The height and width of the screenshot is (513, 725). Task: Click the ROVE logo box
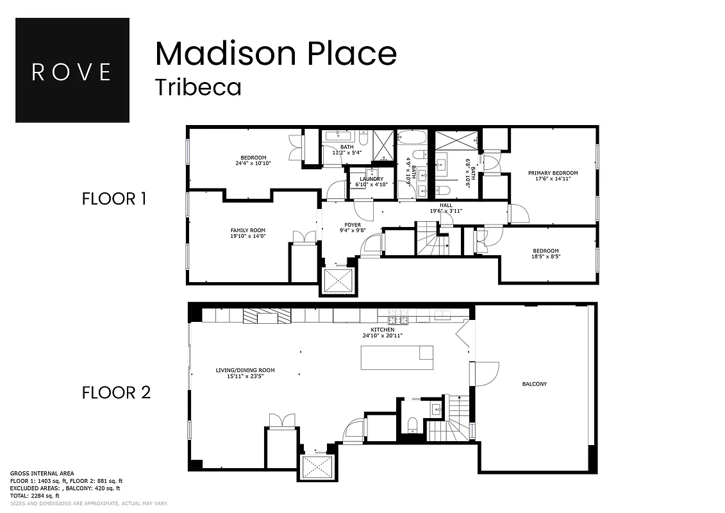coord(72,70)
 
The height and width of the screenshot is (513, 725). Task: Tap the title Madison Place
coord(276,53)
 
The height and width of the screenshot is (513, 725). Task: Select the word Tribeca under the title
coord(198,87)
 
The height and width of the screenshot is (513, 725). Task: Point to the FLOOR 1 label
coord(114,199)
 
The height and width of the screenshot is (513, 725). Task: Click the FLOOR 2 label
coord(116,392)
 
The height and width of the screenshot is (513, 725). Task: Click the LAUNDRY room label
coord(371,179)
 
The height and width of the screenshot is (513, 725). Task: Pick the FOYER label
coord(353,225)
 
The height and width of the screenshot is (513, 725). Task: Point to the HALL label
coord(446,205)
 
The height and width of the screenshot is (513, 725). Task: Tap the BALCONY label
coord(534,384)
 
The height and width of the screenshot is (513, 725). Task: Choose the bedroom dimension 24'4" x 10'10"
coord(253,164)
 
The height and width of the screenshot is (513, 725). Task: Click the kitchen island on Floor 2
coord(397,357)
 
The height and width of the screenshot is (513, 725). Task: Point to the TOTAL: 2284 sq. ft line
coord(35,495)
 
